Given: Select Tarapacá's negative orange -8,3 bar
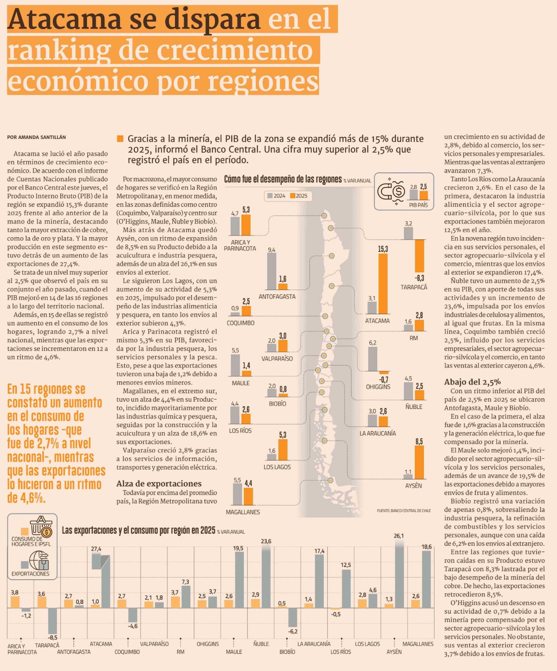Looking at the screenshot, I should coord(419,256).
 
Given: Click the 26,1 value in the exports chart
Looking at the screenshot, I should coord(398,536).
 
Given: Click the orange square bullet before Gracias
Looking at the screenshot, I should coord(120,139).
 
